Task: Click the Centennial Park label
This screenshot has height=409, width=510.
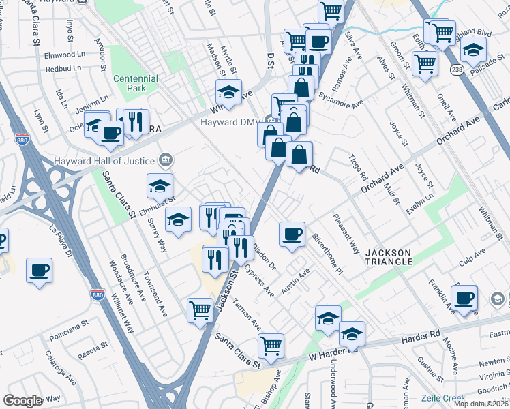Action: pyautogui.click(x=136, y=83)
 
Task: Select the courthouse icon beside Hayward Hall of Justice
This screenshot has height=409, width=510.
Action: pyautogui.click(x=164, y=161)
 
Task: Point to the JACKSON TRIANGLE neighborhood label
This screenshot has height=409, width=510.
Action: pyautogui.click(x=389, y=257)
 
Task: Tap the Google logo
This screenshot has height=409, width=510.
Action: pyautogui.click(x=22, y=401)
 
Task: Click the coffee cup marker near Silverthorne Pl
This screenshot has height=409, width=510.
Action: pyautogui.click(x=292, y=234)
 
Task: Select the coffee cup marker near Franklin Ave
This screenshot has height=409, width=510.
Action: pyautogui.click(x=464, y=297)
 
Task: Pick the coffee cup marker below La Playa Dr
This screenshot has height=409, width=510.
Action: pyautogui.click(x=39, y=269)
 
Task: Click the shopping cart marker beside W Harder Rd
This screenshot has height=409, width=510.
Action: pyautogui.click(x=271, y=345)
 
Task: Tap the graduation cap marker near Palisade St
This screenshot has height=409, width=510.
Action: pyautogui.click(x=473, y=50)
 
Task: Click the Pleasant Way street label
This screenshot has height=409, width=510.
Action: pyautogui.click(x=346, y=234)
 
